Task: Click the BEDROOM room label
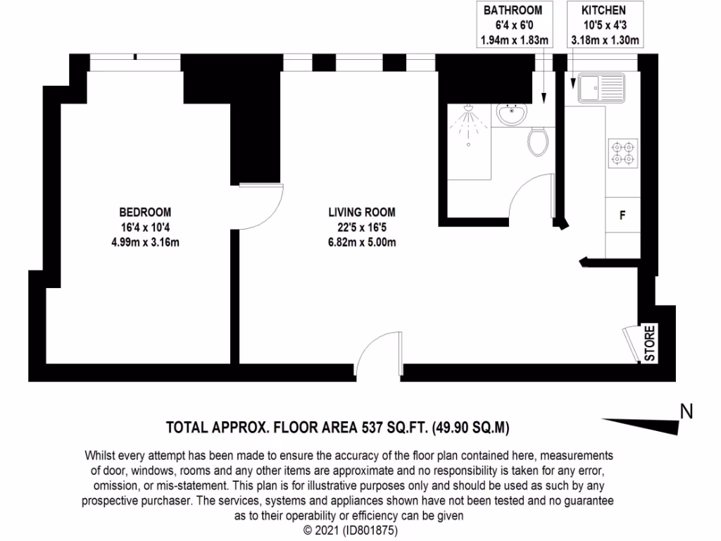pyautogui.click(x=144, y=212)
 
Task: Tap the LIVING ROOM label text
pyautogui.click(x=361, y=212)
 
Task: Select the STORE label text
pyautogui.click(x=650, y=343)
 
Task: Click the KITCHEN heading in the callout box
pyautogui.click(x=603, y=11)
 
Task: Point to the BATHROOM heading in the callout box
pyautogui.click(x=513, y=11)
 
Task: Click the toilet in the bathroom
pyautogui.click(x=538, y=142)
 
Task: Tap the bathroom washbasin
pyautogui.click(x=512, y=113)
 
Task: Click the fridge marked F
pyautogui.click(x=622, y=216)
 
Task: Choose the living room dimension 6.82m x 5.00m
pyautogui.click(x=361, y=243)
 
